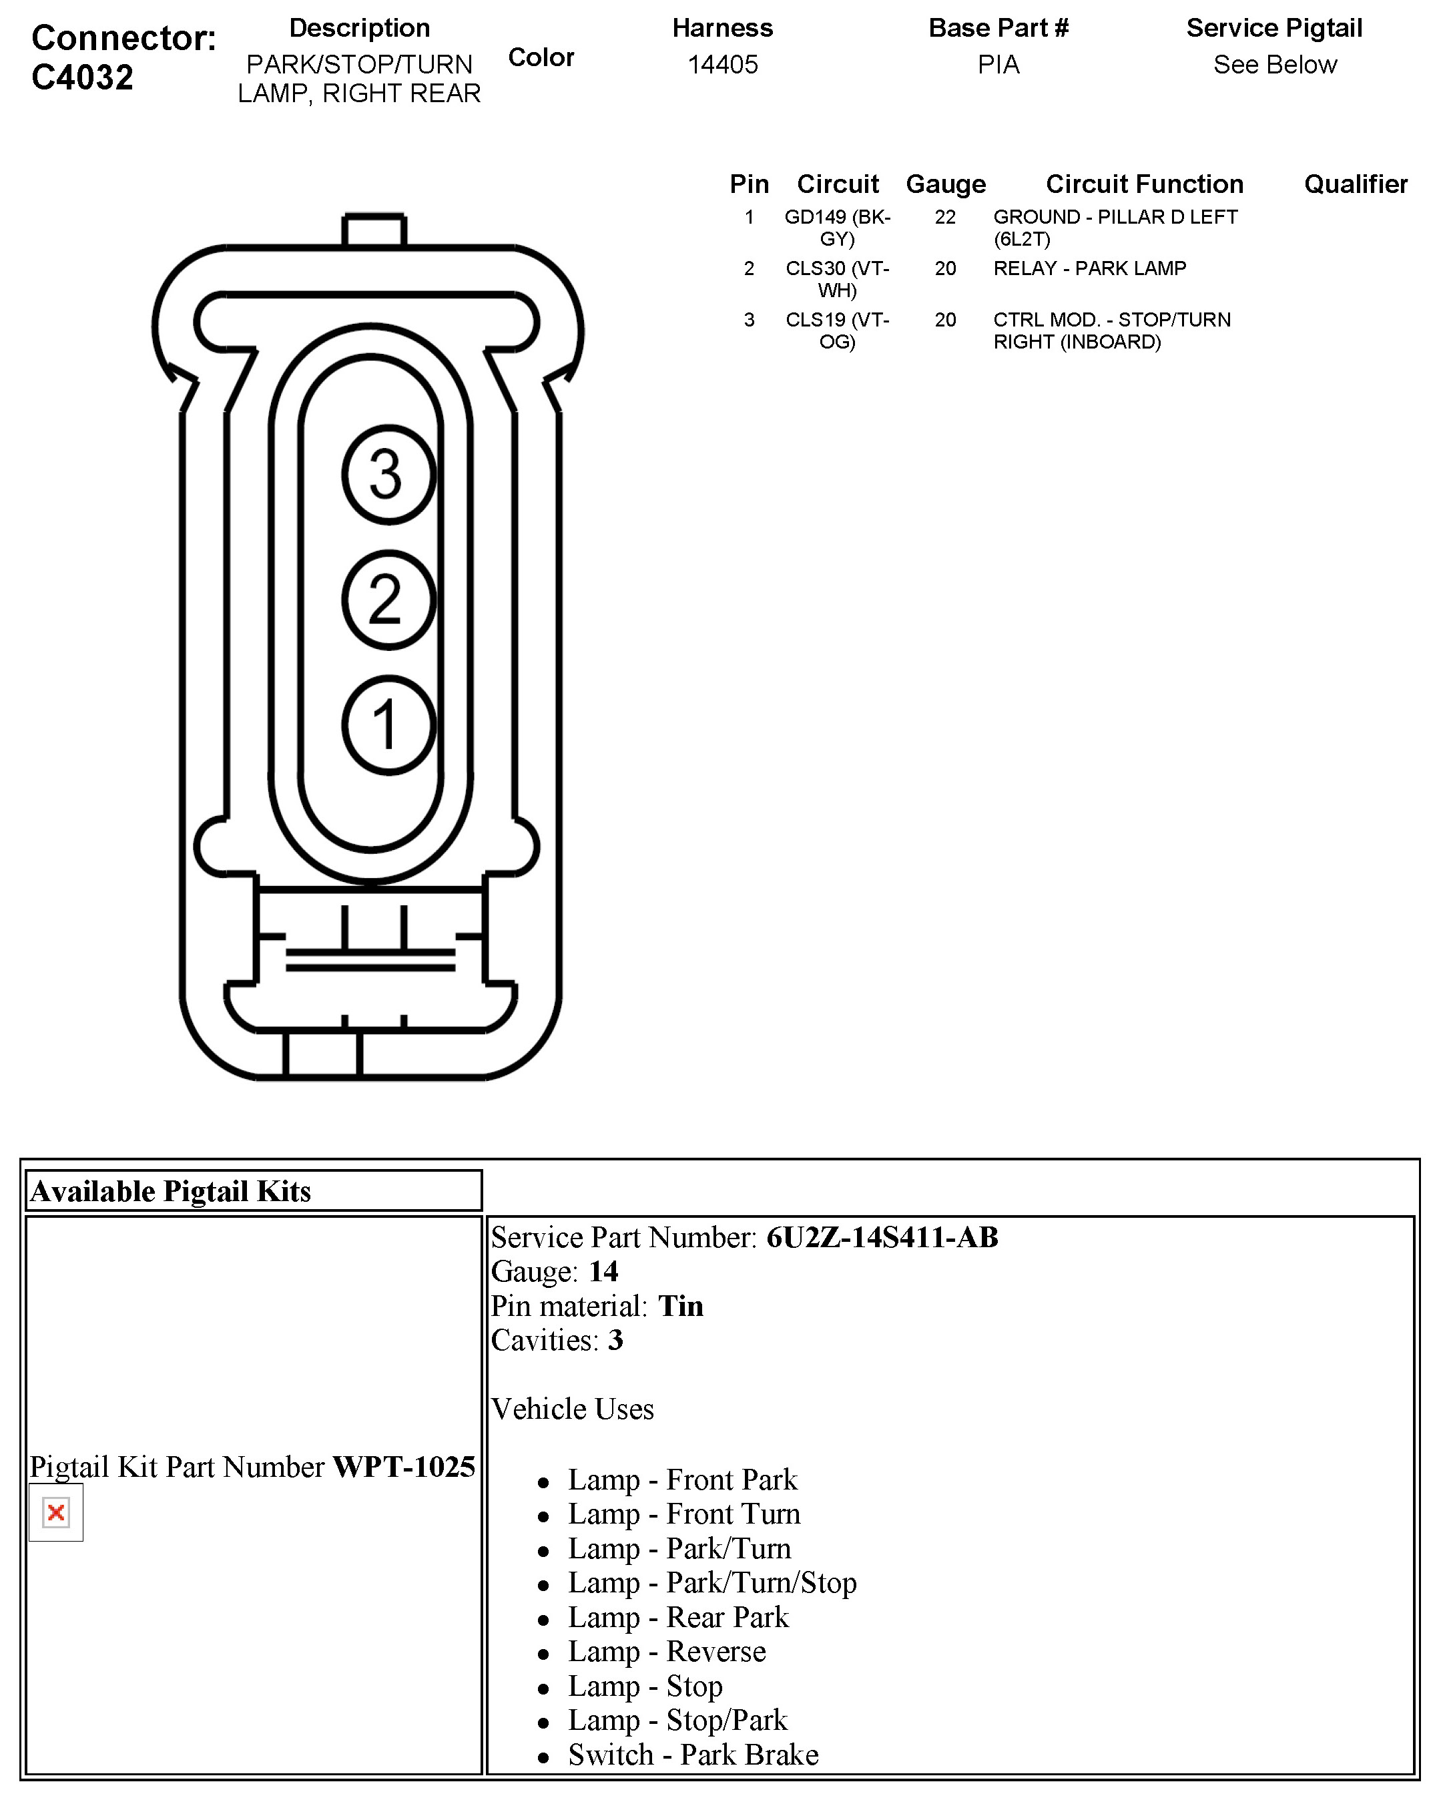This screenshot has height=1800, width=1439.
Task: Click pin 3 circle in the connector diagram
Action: tap(388, 474)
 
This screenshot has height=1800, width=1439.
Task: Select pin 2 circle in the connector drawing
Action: tap(388, 600)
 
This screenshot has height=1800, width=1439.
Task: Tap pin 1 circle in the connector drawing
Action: tap(388, 724)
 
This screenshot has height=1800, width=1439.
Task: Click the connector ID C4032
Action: tap(83, 77)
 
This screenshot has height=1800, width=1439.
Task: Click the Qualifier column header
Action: tap(1356, 184)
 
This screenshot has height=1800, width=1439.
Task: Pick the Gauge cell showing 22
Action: tap(945, 217)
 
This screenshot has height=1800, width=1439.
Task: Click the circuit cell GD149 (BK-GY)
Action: tap(837, 228)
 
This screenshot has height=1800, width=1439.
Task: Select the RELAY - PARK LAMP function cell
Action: tap(1089, 268)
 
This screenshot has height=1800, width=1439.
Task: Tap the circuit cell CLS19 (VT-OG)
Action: tap(837, 330)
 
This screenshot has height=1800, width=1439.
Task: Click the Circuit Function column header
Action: tap(1145, 184)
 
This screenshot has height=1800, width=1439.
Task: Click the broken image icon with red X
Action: tap(56, 1512)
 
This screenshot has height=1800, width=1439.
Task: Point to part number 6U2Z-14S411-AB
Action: tap(882, 1237)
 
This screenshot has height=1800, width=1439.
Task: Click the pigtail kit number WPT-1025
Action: tap(404, 1467)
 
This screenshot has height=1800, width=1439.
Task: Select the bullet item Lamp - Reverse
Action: tap(666, 1651)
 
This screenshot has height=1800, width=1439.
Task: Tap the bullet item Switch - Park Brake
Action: tap(693, 1754)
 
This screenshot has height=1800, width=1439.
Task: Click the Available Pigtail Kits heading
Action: tap(170, 1190)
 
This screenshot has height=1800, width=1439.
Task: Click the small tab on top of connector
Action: tap(374, 230)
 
